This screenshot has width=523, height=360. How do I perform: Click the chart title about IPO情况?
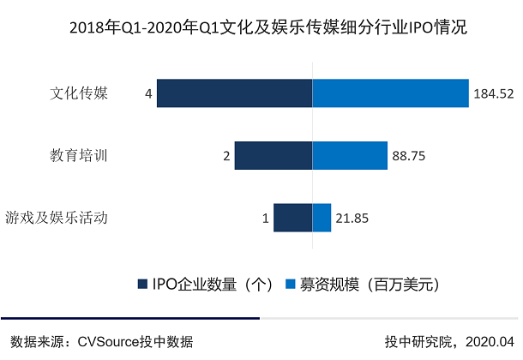(x=261, y=28)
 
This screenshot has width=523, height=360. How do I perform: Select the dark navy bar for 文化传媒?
(x=234, y=93)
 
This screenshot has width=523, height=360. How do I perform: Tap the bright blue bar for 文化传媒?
(x=390, y=93)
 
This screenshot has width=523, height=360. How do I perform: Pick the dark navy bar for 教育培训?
(x=273, y=155)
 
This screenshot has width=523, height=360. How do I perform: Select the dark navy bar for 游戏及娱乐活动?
(x=292, y=218)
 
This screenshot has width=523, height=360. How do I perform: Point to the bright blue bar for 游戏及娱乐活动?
(x=322, y=218)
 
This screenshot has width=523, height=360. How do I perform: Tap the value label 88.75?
(x=409, y=156)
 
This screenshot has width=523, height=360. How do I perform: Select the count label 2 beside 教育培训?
(x=225, y=156)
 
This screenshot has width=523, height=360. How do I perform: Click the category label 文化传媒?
(x=79, y=93)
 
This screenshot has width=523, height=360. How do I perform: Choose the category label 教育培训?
(x=79, y=155)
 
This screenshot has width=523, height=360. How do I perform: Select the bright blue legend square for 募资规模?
(x=291, y=283)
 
